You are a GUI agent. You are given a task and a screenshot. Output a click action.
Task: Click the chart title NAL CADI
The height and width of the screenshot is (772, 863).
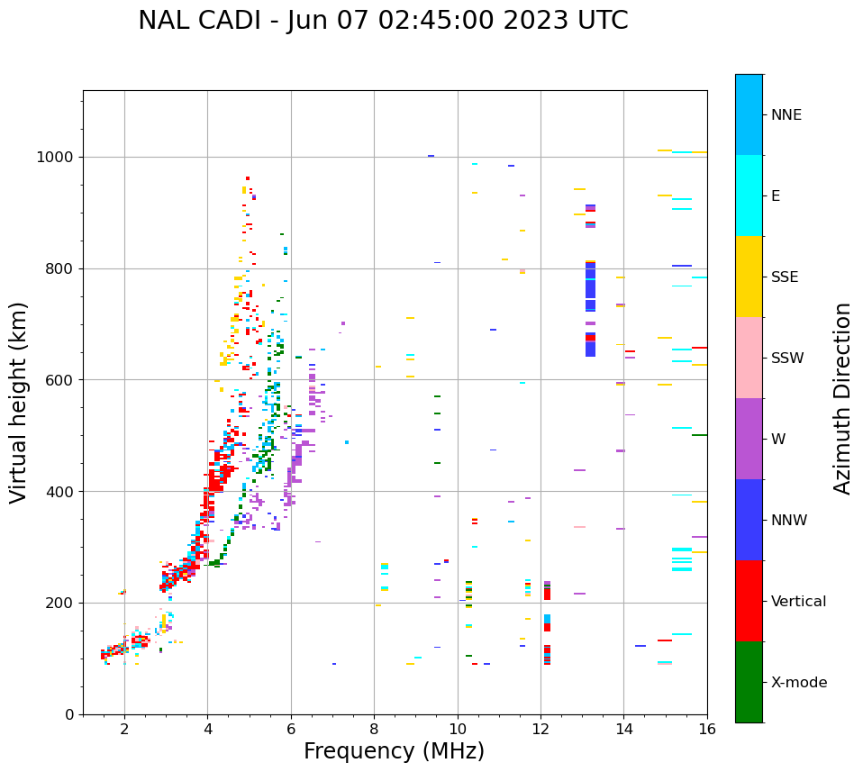click(383, 21)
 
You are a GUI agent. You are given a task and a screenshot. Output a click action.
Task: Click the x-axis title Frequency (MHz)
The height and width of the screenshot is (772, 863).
click(394, 751)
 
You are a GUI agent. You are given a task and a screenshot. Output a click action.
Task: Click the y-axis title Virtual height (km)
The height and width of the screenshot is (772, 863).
click(19, 402)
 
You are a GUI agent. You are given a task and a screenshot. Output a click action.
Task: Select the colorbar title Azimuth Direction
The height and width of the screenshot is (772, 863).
click(842, 397)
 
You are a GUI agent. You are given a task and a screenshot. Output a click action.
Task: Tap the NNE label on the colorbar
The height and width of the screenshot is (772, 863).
click(786, 114)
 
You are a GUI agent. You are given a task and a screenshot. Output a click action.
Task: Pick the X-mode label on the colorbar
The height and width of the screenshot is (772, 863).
click(798, 682)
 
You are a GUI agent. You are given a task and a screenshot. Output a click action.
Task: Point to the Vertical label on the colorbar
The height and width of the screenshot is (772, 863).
click(798, 601)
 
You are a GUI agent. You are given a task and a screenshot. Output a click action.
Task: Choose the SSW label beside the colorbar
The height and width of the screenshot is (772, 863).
click(786, 358)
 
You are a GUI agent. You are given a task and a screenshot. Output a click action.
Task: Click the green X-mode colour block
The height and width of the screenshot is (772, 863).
click(749, 681)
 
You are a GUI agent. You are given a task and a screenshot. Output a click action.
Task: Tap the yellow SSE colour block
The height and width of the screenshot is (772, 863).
click(749, 276)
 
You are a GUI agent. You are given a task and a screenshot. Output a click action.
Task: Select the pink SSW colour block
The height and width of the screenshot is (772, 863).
click(749, 357)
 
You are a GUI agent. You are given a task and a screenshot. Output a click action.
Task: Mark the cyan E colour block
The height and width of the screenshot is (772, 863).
click(749, 195)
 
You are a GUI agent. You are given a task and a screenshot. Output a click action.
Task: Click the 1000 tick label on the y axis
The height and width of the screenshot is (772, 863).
click(56, 157)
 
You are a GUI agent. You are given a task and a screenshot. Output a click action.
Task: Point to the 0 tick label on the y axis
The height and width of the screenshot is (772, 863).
click(68, 714)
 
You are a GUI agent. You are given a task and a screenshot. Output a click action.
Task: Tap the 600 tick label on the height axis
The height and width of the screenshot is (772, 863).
click(59, 380)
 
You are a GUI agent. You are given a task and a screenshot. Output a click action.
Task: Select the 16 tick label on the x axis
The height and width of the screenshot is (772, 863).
click(707, 730)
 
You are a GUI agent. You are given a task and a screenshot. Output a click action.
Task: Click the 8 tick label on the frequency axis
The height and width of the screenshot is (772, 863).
click(374, 730)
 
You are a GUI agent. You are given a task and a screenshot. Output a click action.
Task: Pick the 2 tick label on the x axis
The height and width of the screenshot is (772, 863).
click(124, 730)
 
